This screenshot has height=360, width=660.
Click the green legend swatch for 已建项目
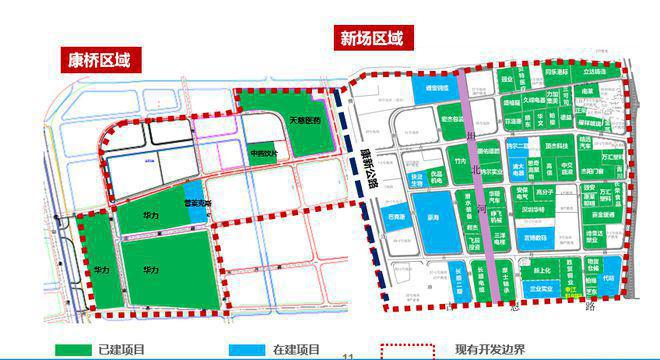[71, 350]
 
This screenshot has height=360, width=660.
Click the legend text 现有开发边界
[489, 350]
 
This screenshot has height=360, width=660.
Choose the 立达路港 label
[594, 72]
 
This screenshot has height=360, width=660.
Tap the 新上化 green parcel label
[541, 269]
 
